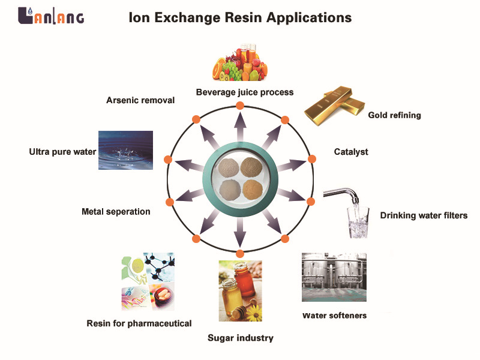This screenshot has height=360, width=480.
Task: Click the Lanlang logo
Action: pos(51,16)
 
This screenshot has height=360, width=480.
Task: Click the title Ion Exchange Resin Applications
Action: pos(240,17)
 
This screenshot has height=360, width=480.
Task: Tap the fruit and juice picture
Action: pos(241,64)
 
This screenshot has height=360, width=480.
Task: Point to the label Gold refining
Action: pos(394,115)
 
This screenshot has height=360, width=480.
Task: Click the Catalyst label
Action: pos(351,152)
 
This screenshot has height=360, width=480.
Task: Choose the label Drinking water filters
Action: pos(424,215)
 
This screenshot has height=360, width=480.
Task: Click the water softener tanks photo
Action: pos(334,277)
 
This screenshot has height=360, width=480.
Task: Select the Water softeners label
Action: pos(334,315)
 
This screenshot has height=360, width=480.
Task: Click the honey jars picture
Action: pos(240,290)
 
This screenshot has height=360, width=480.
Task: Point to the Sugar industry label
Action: pos(240,338)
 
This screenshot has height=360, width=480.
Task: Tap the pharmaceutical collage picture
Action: pos(147,281)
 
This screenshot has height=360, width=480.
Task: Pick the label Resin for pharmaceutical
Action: pos(139,323)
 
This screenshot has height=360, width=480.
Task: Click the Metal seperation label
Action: pos(116,212)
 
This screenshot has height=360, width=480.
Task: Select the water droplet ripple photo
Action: pos(125,150)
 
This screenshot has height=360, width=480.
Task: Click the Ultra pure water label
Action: pos(62,152)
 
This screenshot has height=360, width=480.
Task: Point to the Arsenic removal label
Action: pos(140,100)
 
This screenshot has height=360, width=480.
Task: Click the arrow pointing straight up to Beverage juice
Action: pos(240,127)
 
